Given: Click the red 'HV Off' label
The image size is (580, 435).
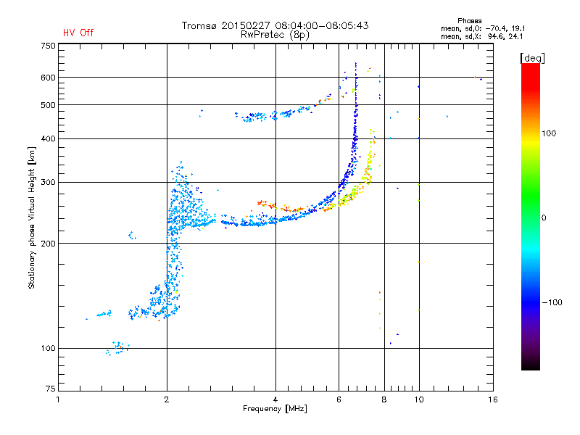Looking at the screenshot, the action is coord(78,33).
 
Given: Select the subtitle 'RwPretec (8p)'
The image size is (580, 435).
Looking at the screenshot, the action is coord(275,35).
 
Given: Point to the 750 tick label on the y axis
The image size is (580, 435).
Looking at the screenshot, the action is coord(48,46).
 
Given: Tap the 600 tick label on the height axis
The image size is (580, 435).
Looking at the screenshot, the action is coord(48,78).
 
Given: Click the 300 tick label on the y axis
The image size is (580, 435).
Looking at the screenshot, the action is coord(48,182).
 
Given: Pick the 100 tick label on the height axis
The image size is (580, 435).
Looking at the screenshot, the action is coord(48,348).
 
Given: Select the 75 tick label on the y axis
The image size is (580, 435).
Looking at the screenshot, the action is coord(51,389).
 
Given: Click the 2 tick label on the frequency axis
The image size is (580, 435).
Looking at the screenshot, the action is coord(167,399).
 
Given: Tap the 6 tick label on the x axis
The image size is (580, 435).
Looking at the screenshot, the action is coord(339,399).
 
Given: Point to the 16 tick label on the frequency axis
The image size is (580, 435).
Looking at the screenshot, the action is coord(493,399).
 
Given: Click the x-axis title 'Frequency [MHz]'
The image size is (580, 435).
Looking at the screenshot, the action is coord(275,409).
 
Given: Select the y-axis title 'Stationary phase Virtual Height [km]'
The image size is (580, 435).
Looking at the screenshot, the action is coord(32,217).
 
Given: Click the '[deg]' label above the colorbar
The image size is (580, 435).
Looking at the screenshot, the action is coord(532,58).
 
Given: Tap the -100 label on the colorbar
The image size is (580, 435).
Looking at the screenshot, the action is coord(552,302).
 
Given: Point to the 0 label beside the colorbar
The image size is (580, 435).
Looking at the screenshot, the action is coord(544,217).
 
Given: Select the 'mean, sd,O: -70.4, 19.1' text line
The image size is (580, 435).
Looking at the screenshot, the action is coord(483,28).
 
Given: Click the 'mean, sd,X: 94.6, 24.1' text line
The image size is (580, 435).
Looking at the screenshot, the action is coord(481,36).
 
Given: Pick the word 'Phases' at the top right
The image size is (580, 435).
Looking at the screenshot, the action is coord(469,21).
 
